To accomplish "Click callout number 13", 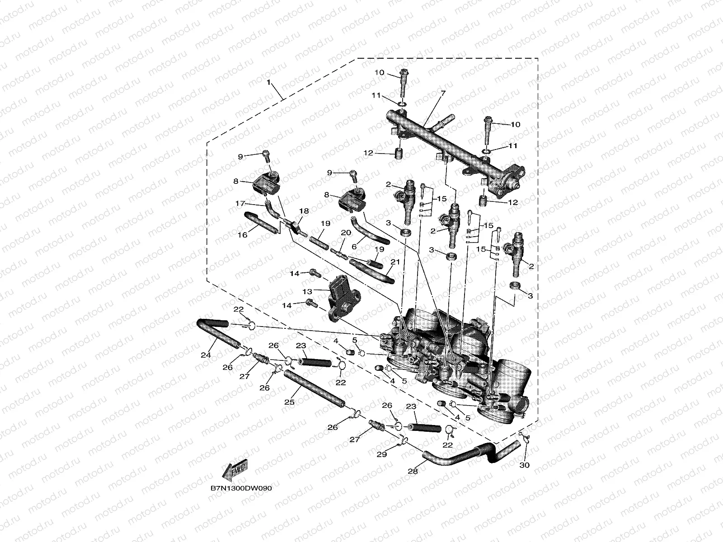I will click(308, 291).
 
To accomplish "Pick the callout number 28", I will click(413, 471).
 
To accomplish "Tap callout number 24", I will click(206, 355).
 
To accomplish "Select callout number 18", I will click(304, 211).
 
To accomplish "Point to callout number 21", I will click(395, 262).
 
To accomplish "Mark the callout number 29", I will click(382, 454).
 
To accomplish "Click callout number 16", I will click(242, 235).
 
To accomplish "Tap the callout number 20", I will click(346, 233).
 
